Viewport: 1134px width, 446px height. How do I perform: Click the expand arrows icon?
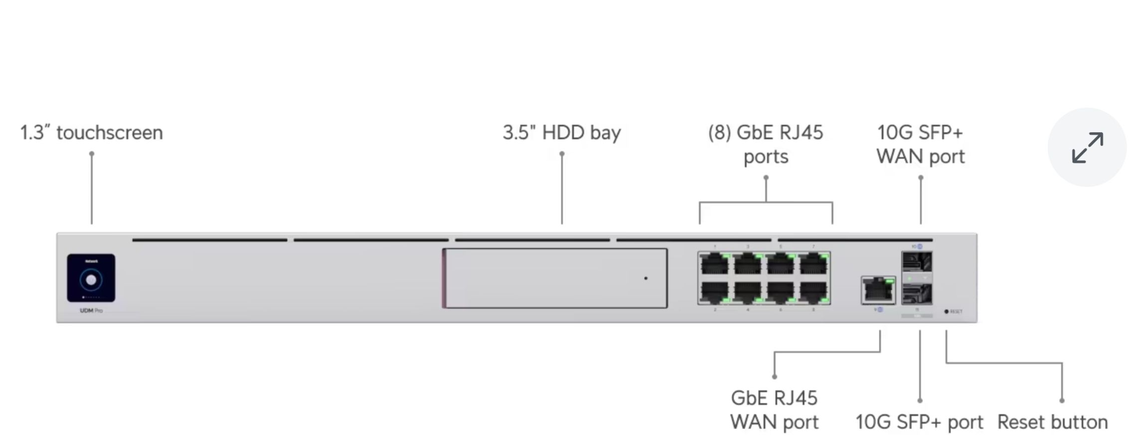[1087, 147]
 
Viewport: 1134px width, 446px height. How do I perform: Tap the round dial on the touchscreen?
[91, 280]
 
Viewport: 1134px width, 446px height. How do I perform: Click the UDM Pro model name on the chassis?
[91, 310]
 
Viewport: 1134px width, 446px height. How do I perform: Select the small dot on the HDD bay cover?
[646, 278]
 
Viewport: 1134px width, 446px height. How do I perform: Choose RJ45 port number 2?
[714, 292]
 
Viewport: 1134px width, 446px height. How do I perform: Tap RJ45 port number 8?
[813, 292]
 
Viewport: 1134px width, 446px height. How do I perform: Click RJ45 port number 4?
[747, 292]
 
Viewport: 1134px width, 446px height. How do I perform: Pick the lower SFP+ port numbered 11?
[917, 293]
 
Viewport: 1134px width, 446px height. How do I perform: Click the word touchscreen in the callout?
[110, 133]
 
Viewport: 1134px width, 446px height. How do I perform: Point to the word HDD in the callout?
[563, 133]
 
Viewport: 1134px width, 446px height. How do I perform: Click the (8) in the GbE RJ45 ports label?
[719, 133]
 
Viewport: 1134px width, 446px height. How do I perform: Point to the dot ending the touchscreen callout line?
[92, 154]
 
